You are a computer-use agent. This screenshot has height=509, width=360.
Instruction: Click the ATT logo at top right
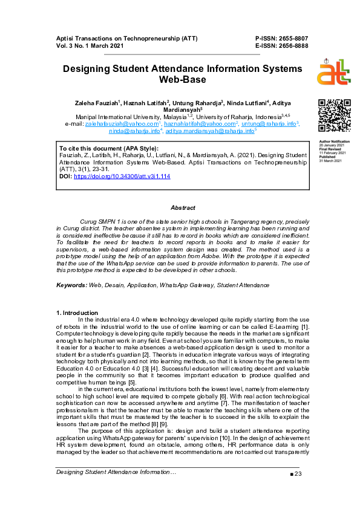click(333, 74)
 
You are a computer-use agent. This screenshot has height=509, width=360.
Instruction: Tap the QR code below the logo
click(333, 114)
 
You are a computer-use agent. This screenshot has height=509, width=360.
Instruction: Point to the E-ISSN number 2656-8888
click(291, 45)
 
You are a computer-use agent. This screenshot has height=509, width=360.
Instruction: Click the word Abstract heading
click(183, 207)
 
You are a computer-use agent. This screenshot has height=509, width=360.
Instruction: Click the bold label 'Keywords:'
click(71, 285)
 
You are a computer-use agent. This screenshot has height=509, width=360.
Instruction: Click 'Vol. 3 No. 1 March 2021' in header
click(91, 45)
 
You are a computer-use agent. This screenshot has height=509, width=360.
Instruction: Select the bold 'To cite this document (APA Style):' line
click(108, 148)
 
